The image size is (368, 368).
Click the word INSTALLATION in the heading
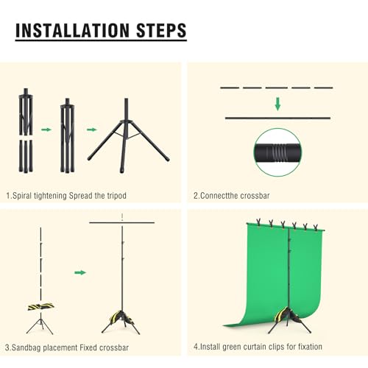[73, 31]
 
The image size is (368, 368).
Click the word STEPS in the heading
[161, 31]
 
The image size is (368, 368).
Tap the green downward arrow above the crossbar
[277, 104]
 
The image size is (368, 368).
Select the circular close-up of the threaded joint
[277, 152]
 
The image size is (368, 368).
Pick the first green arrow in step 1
[46, 130]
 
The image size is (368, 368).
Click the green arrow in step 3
[80, 272]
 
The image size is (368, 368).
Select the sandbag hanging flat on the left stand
[41, 307]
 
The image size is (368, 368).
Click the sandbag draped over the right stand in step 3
[121, 318]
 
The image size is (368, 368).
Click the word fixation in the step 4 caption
[310, 347]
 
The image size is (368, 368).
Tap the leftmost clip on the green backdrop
[258, 222]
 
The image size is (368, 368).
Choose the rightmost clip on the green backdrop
[316, 227]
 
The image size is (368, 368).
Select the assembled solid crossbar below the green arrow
[277, 118]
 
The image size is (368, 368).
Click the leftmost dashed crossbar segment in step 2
[230, 88]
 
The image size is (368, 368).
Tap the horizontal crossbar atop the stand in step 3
[122, 223]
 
